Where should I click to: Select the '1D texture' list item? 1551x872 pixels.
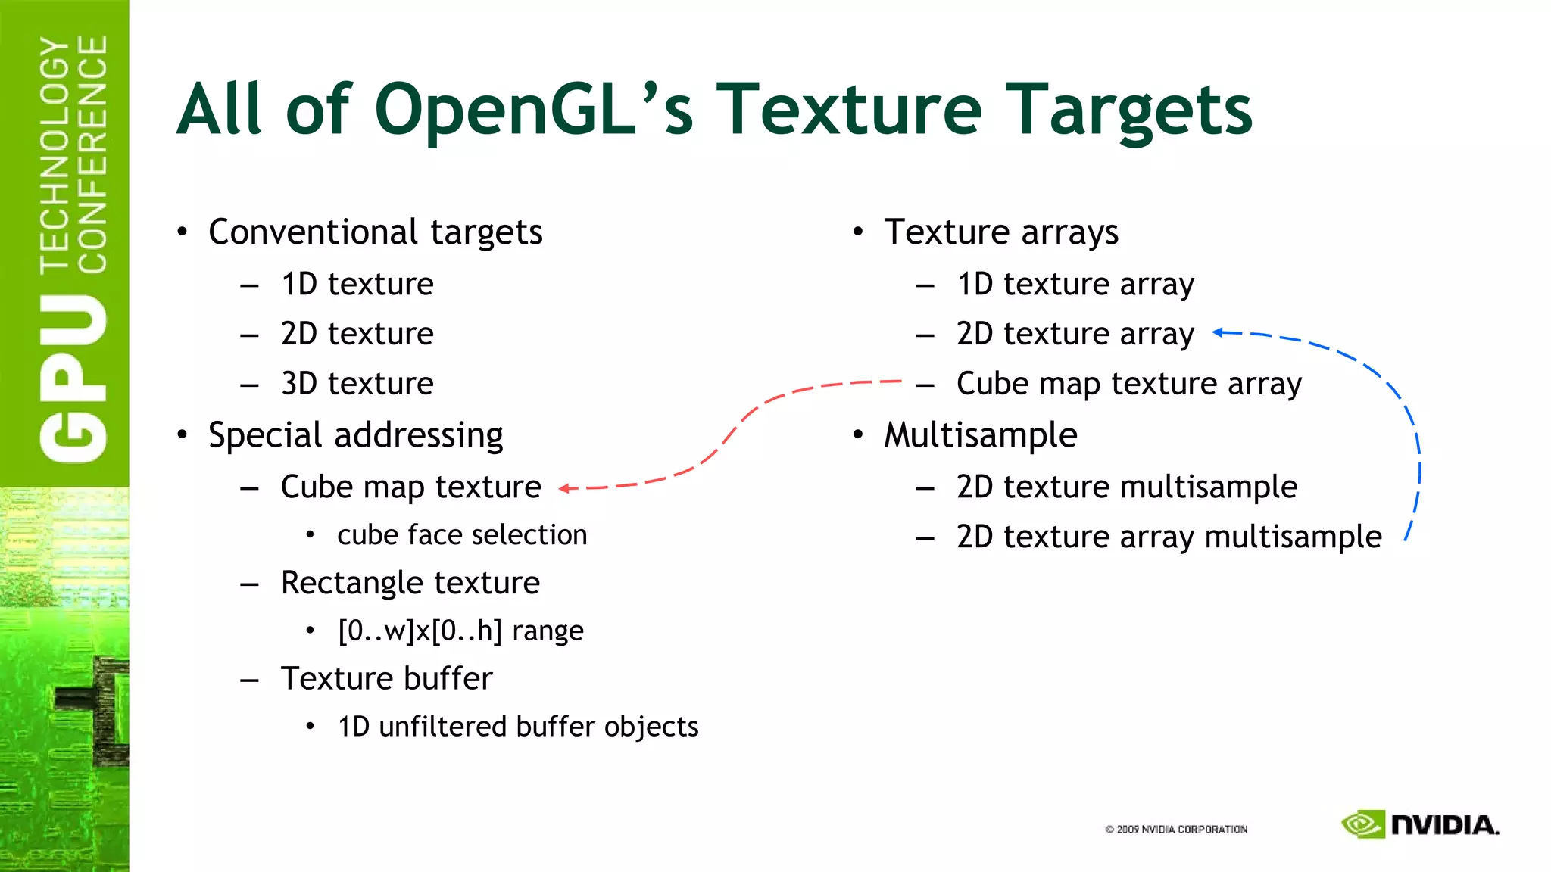pos(357,285)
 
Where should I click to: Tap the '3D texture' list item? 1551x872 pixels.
pos(357,384)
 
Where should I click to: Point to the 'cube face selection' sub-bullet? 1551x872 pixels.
pos(462,535)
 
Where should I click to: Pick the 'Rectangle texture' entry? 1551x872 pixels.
pos(410,583)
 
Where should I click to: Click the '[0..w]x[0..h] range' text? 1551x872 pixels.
pos(460,631)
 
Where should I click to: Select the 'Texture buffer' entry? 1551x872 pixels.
pos(386,678)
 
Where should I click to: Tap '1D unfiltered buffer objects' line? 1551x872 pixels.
pos(518,727)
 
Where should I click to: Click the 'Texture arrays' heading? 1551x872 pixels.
pos(1000,232)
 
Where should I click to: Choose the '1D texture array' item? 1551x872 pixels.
pos(1075,285)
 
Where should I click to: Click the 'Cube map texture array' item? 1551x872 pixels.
pos(1128,384)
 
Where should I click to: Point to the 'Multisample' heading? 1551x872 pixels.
pos(980,435)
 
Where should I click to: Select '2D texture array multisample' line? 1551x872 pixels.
pos(1169,537)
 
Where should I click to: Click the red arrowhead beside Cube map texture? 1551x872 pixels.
pos(564,489)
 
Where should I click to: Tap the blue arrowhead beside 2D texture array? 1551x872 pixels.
pos(1218,332)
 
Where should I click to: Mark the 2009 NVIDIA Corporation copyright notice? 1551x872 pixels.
pos(1176,830)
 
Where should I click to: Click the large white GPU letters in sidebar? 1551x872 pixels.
pos(73,378)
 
